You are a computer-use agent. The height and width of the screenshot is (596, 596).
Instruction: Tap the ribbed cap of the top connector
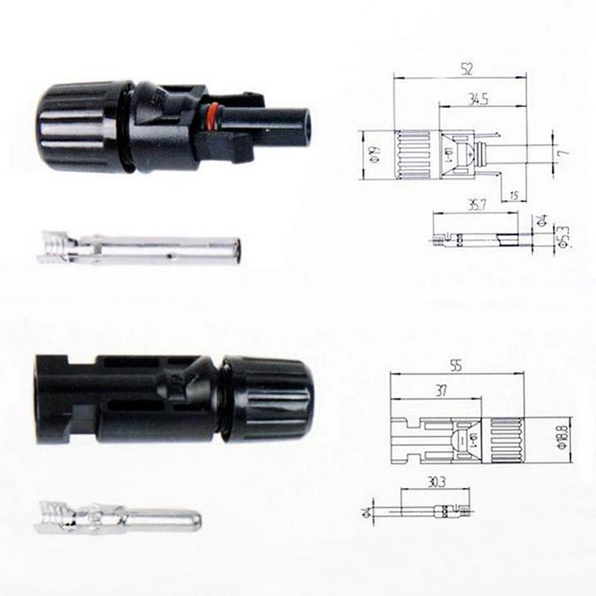point(79,126)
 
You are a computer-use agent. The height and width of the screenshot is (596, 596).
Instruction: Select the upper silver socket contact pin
point(140,250)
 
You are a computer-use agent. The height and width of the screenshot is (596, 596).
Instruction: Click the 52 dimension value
point(466,69)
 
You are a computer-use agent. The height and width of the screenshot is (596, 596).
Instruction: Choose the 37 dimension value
point(441,391)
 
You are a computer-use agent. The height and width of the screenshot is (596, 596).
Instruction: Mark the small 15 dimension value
point(513,196)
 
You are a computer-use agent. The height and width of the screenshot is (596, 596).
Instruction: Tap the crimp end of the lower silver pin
point(55,516)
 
